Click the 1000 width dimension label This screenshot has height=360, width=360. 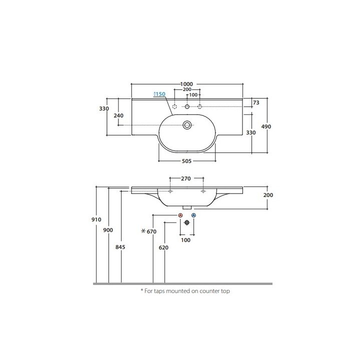(186, 84)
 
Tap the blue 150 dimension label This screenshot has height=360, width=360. (159, 94)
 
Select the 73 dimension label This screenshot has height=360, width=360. (256, 102)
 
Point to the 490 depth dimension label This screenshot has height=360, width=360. (266, 126)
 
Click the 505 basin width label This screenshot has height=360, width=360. (186, 161)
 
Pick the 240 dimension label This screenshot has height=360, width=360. (118, 115)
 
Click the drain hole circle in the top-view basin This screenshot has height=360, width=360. (187, 125)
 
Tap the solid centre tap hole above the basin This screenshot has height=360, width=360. (187, 106)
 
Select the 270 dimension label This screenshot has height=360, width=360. (185, 178)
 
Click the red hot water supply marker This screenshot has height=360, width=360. (180, 215)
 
